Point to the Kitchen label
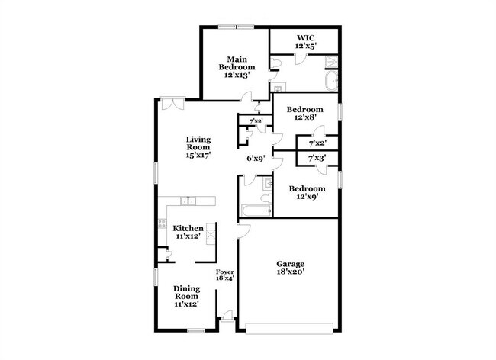188,228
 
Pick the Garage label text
290,264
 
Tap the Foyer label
224,272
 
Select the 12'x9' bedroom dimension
306,197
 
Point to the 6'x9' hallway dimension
256,159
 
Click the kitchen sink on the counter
188,201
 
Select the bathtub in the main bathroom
332,82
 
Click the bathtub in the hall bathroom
254,211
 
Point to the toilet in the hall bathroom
266,183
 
